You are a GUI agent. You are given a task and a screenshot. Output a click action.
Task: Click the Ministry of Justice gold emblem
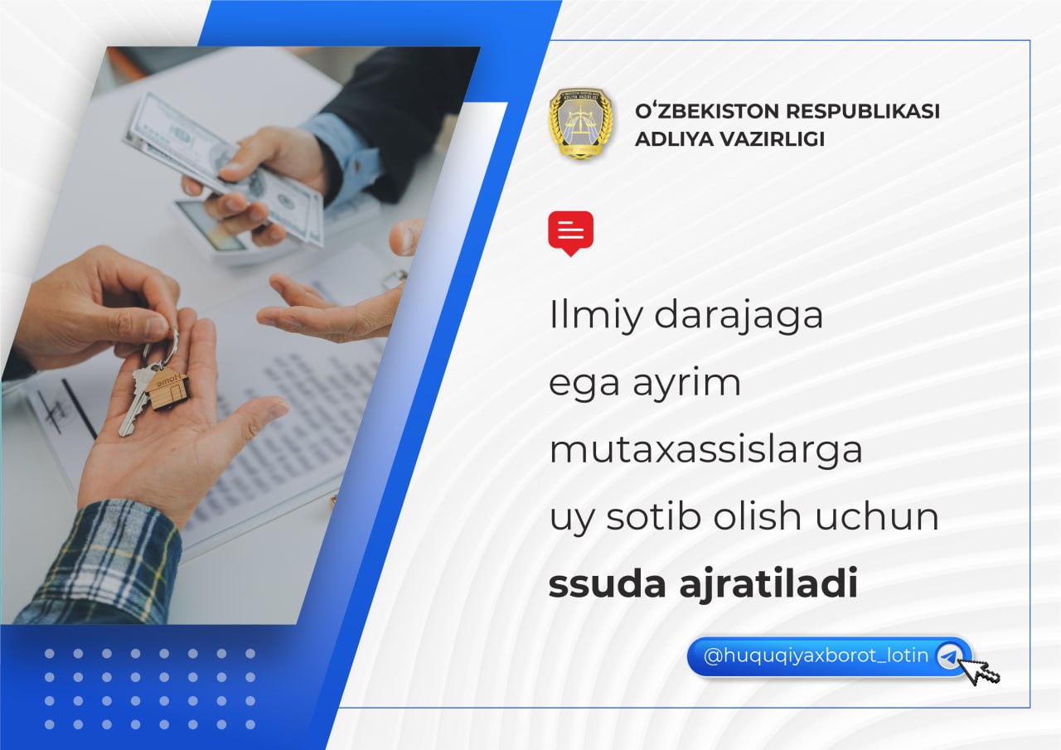pyautogui.click(x=581, y=123)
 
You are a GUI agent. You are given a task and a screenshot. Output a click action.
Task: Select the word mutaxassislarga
pyautogui.click(x=705, y=450)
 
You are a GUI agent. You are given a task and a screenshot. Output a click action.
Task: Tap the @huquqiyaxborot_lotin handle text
pyautogui.click(x=816, y=656)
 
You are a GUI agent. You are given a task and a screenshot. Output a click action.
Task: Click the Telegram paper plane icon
pyautogui.click(x=950, y=656)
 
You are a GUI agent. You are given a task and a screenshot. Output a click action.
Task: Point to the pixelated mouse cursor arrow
pyautogui.click(x=983, y=672)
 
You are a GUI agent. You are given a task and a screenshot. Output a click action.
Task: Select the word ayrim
pyautogui.click(x=686, y=385)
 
